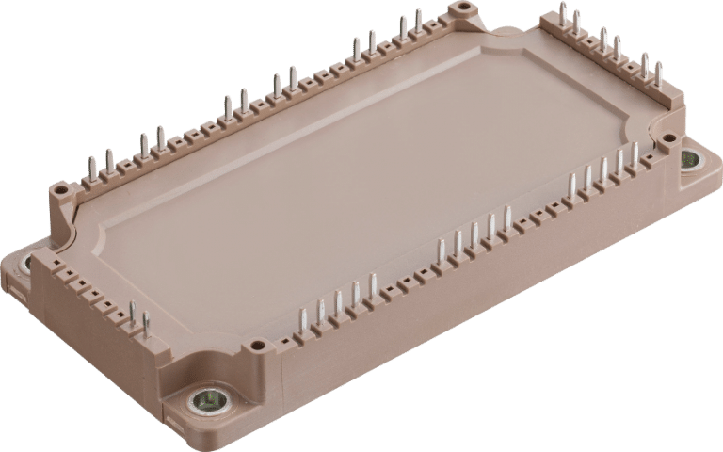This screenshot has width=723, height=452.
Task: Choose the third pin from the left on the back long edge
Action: pos(144,147)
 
